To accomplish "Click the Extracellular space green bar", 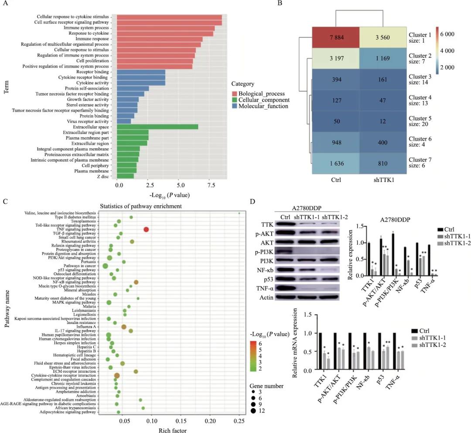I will tap(157, 126).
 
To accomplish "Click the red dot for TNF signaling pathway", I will tap(147, 230).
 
